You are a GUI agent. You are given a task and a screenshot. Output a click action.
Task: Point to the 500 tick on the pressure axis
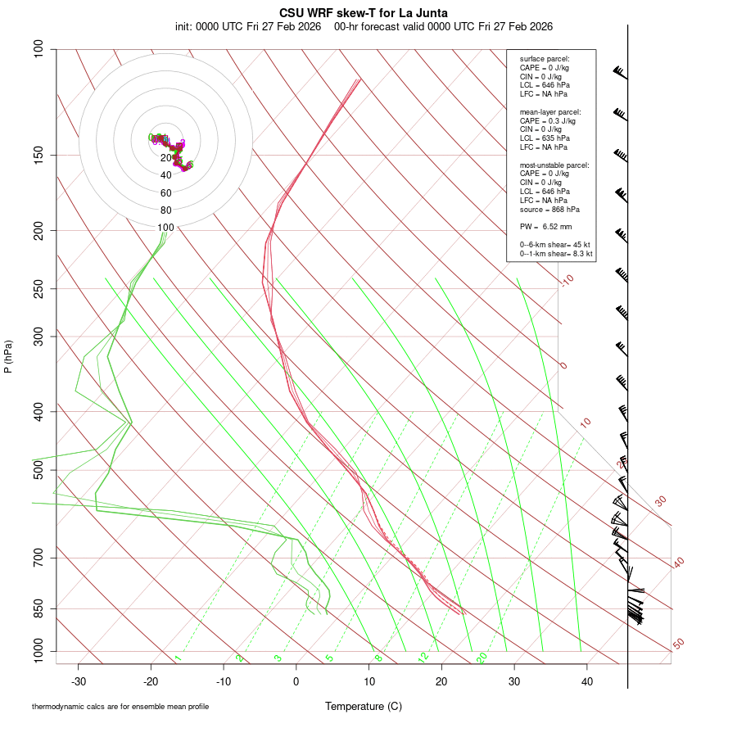38,470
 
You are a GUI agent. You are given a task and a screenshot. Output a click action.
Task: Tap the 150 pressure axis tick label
38,155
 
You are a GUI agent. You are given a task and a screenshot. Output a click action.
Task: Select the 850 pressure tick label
38,608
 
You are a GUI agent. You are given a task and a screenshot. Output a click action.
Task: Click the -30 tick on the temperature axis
79,681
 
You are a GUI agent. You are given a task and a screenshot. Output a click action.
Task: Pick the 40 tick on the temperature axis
587,681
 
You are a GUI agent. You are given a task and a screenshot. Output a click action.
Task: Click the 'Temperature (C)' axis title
363,706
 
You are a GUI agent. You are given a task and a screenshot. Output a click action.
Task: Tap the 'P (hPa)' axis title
8,357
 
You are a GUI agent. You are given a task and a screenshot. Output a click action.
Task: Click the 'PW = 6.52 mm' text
545,226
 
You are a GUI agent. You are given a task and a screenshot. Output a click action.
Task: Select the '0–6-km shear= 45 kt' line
555,245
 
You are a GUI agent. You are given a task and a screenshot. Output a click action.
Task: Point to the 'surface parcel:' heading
545,59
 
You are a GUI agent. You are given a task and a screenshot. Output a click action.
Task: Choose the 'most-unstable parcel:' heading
554,165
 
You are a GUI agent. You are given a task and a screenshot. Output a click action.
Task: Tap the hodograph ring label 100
166,228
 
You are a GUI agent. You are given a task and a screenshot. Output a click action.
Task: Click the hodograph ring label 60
166,193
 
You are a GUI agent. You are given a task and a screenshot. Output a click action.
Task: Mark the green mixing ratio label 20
482,658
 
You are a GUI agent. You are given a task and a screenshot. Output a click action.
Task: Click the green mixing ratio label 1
178,658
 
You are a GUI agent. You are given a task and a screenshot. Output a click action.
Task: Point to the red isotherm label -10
567,281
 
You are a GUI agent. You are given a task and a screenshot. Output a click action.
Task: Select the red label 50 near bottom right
678,644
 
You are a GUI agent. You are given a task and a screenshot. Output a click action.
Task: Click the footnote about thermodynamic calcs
120,707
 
